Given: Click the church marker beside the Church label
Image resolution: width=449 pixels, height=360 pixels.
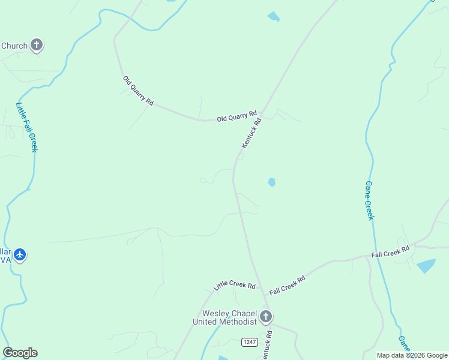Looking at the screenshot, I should pyautogui.click(x=37, y=45).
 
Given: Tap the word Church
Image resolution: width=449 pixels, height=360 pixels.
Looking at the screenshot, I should pyautogui.click(x=14, y=46).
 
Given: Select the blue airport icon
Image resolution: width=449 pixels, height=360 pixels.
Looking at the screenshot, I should pyautogui.click(x=20, y=255).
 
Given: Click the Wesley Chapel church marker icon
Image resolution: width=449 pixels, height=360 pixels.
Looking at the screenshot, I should pyautogui.click(x=266, y=316).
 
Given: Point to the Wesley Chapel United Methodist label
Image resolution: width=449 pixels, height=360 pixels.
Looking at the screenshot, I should pyautogui.click(x=224, y=317).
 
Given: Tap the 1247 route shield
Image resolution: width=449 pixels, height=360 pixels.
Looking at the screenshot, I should pyautogui.click(x=250, y=342).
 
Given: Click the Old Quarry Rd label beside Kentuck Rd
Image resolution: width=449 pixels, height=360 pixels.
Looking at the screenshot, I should pyautogui.click(x=237, y=116).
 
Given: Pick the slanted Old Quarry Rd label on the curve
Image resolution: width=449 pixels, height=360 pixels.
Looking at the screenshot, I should pyautogui.click(x=138, y=91).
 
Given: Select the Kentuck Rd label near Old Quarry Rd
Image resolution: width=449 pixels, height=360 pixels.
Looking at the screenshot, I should pyautogui.click(x=252, y=133).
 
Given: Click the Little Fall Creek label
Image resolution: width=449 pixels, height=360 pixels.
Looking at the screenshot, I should pyautogui.click(x=26, y=127).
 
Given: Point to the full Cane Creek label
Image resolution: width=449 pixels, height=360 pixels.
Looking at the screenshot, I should pyautogui.click(x=369, y=200).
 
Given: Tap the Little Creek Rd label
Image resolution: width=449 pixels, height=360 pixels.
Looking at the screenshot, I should pyautogui.click(x=235, y=286).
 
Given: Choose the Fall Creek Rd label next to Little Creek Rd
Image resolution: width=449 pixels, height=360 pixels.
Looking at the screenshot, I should pyautogui.click(x=288, y=284).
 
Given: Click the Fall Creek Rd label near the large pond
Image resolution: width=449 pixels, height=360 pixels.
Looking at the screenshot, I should pyautogui.click(x=390, y=251).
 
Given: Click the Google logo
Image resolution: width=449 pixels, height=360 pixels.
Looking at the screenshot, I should pyautogui.click(x=20, y=353).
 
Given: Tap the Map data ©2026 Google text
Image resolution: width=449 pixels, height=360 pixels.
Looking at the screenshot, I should pyautogui.click(x=412, y=355).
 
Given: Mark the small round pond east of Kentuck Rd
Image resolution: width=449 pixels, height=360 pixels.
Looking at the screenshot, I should pyautogui.click(x=272, y=182).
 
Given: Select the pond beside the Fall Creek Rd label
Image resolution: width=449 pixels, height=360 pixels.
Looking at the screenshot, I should pyautogui.click(x=426, y=265).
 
